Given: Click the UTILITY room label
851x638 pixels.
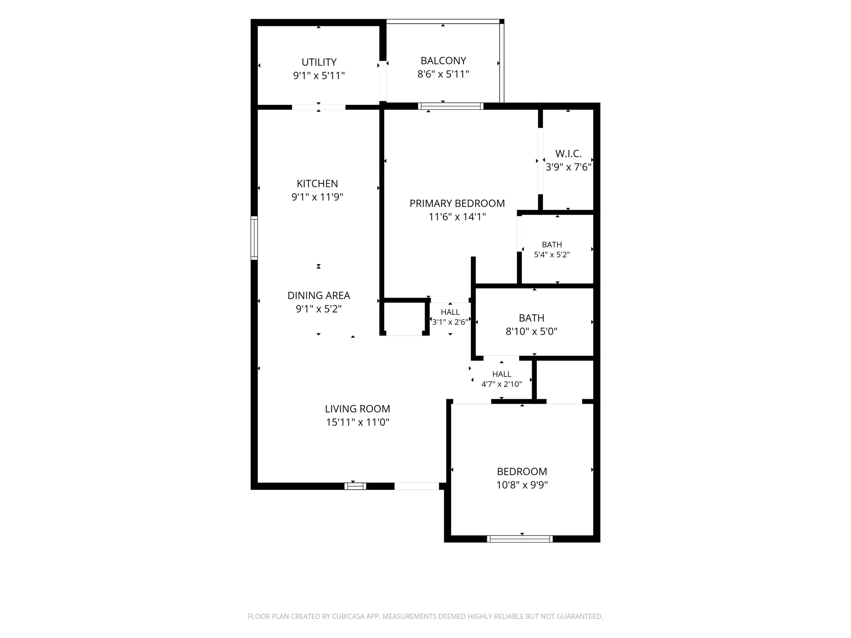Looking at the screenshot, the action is coord(319,62).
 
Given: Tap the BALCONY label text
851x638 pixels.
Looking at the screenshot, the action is coord(443,61).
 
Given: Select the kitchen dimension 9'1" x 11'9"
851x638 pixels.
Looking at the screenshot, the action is coord(317,197).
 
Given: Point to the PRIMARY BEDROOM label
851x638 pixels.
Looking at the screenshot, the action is coord(457,203).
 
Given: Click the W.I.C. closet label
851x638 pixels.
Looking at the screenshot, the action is coord(568,154).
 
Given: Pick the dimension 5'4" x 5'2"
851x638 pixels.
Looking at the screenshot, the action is coord(552,255).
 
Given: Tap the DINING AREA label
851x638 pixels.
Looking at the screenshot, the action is coord(318,295).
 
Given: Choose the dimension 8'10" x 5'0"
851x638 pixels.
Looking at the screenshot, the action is coord(531,332).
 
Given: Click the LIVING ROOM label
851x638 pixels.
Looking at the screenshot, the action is coord(357,409).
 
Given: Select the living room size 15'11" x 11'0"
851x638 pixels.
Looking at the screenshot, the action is coord(357,422).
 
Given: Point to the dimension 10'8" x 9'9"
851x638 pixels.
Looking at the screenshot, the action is coord(522,485).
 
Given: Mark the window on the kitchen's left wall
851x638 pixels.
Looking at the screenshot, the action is coord(254,238).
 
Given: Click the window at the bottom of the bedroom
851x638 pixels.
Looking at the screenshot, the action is coord(520,539).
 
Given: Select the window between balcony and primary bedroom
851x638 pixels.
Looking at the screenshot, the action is coord(450,106).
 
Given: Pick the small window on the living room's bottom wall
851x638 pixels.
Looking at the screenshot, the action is coord(355,486).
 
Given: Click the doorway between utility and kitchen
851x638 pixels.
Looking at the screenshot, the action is coord(318,107).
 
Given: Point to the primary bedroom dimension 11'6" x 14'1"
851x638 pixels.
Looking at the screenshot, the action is coord(457,217).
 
